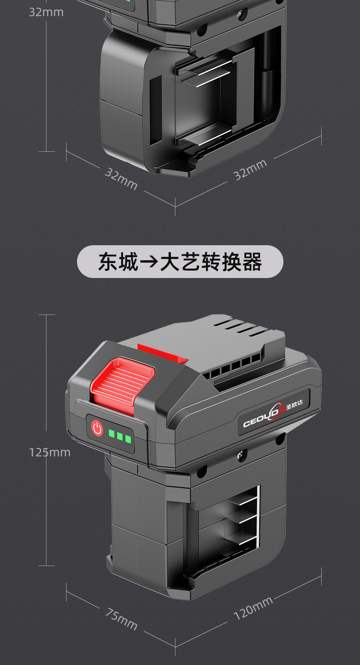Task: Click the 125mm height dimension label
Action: coord(50,452)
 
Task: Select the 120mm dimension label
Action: coord(253,608)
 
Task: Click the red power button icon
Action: coord(97,428)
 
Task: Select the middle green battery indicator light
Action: coord(120,436)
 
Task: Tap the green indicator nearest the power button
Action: coord(112,433)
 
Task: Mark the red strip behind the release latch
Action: coord(162,352)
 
